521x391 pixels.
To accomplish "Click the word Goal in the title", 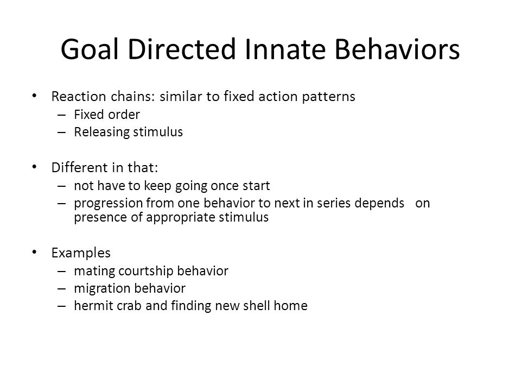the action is click(x=90, y=49).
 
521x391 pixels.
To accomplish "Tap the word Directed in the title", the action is click(x=182, y=49).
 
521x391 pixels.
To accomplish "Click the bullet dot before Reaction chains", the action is click(x=34, y=96).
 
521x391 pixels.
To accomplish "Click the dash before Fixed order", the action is click(x=61, y=115).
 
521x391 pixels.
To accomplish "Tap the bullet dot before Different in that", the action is click(x=34, y=167).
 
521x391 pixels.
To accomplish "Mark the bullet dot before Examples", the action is click(x=34, y=252).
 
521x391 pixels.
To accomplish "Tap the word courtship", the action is click(x=145, y=272).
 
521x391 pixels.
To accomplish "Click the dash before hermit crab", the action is click(x=61, y=306).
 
